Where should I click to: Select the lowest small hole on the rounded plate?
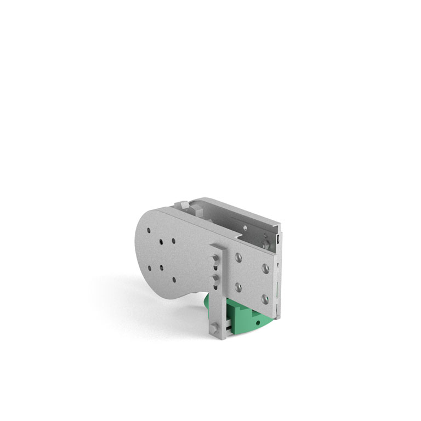[174, 280]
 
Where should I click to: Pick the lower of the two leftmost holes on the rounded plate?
[150, 268]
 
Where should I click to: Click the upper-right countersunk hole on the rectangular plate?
[265, 268]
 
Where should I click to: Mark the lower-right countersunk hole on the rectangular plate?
[265, 299]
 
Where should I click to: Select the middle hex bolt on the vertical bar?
[215, 280]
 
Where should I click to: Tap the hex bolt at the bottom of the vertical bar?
[215, 327]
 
